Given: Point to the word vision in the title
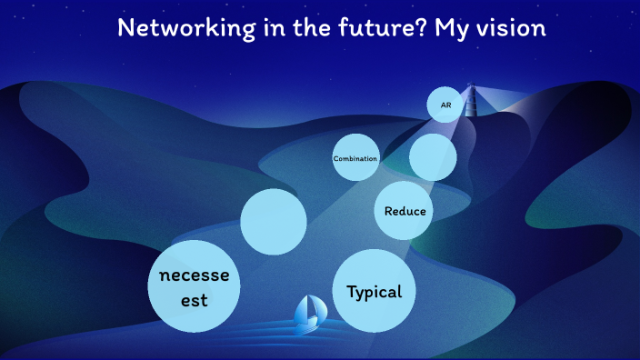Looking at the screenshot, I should click(513, 28).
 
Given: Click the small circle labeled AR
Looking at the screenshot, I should click(445, 105).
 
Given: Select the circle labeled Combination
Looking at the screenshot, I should click(355, 158).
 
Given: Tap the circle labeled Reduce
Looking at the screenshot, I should click(404, 211).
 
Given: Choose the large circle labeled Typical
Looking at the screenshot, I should click(375, 292).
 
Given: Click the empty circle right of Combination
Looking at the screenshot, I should click(433, 158).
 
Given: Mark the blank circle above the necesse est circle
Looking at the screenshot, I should click(273, 222).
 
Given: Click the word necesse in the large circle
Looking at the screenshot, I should click(194, 275).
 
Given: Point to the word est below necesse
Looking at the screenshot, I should click(193, 298).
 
